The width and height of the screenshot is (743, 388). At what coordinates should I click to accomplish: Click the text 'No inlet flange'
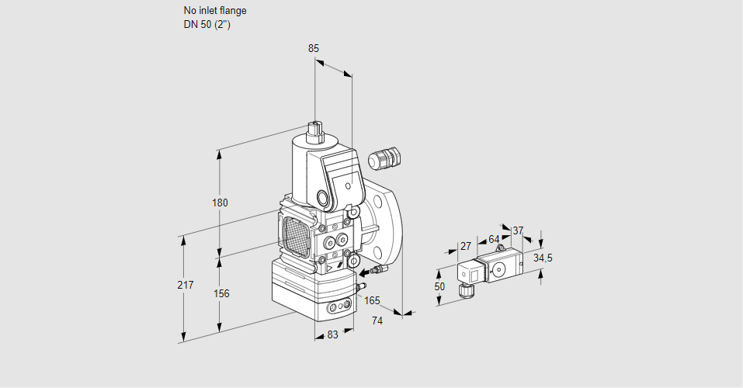215,11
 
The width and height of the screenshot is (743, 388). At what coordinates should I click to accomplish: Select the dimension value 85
314,48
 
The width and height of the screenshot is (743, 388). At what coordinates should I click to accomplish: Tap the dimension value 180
220,203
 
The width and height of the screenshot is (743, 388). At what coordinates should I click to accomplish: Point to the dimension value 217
185,286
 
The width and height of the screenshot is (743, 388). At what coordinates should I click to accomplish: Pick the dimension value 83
332,334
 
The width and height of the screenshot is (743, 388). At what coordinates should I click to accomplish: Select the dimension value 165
373,300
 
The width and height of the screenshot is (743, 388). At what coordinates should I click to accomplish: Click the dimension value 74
377,320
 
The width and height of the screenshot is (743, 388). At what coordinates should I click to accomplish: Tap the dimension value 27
466,246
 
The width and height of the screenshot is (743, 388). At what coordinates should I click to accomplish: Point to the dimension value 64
494,239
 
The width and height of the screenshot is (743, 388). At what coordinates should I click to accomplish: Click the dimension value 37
519,230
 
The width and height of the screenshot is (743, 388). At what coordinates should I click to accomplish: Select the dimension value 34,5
543,258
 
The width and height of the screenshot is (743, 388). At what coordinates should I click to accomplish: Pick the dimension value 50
440,286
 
